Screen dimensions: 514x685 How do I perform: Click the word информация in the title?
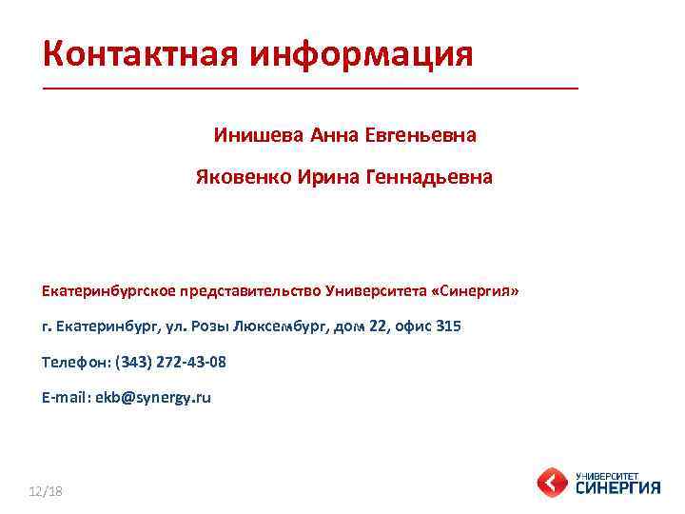point(362,54)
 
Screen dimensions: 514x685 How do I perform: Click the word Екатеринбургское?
point(106,289)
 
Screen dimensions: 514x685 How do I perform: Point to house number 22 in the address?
point(379,326)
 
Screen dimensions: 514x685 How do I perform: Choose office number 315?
point(448,326)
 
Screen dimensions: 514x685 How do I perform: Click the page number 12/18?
point(45,490)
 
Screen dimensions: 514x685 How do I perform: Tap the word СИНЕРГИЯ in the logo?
point(617,487)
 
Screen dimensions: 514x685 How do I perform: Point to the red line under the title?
point(310,88)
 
